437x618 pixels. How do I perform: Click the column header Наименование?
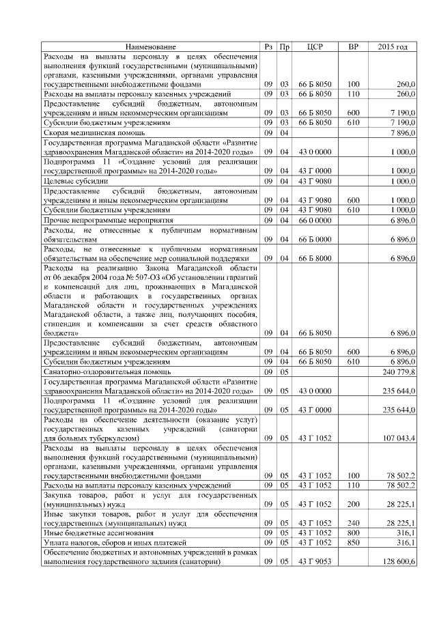(150, 46)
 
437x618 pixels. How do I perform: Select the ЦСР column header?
(315, 46)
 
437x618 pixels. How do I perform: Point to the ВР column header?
(353, 46)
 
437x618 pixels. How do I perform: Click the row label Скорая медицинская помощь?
(94, 132)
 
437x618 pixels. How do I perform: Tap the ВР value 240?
(353, 523)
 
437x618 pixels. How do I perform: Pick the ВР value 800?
(353, 533)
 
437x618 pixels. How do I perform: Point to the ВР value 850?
(353, 542)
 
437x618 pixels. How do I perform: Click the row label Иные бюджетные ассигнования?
(98, 533)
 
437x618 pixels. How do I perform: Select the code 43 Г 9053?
(315, 561)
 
